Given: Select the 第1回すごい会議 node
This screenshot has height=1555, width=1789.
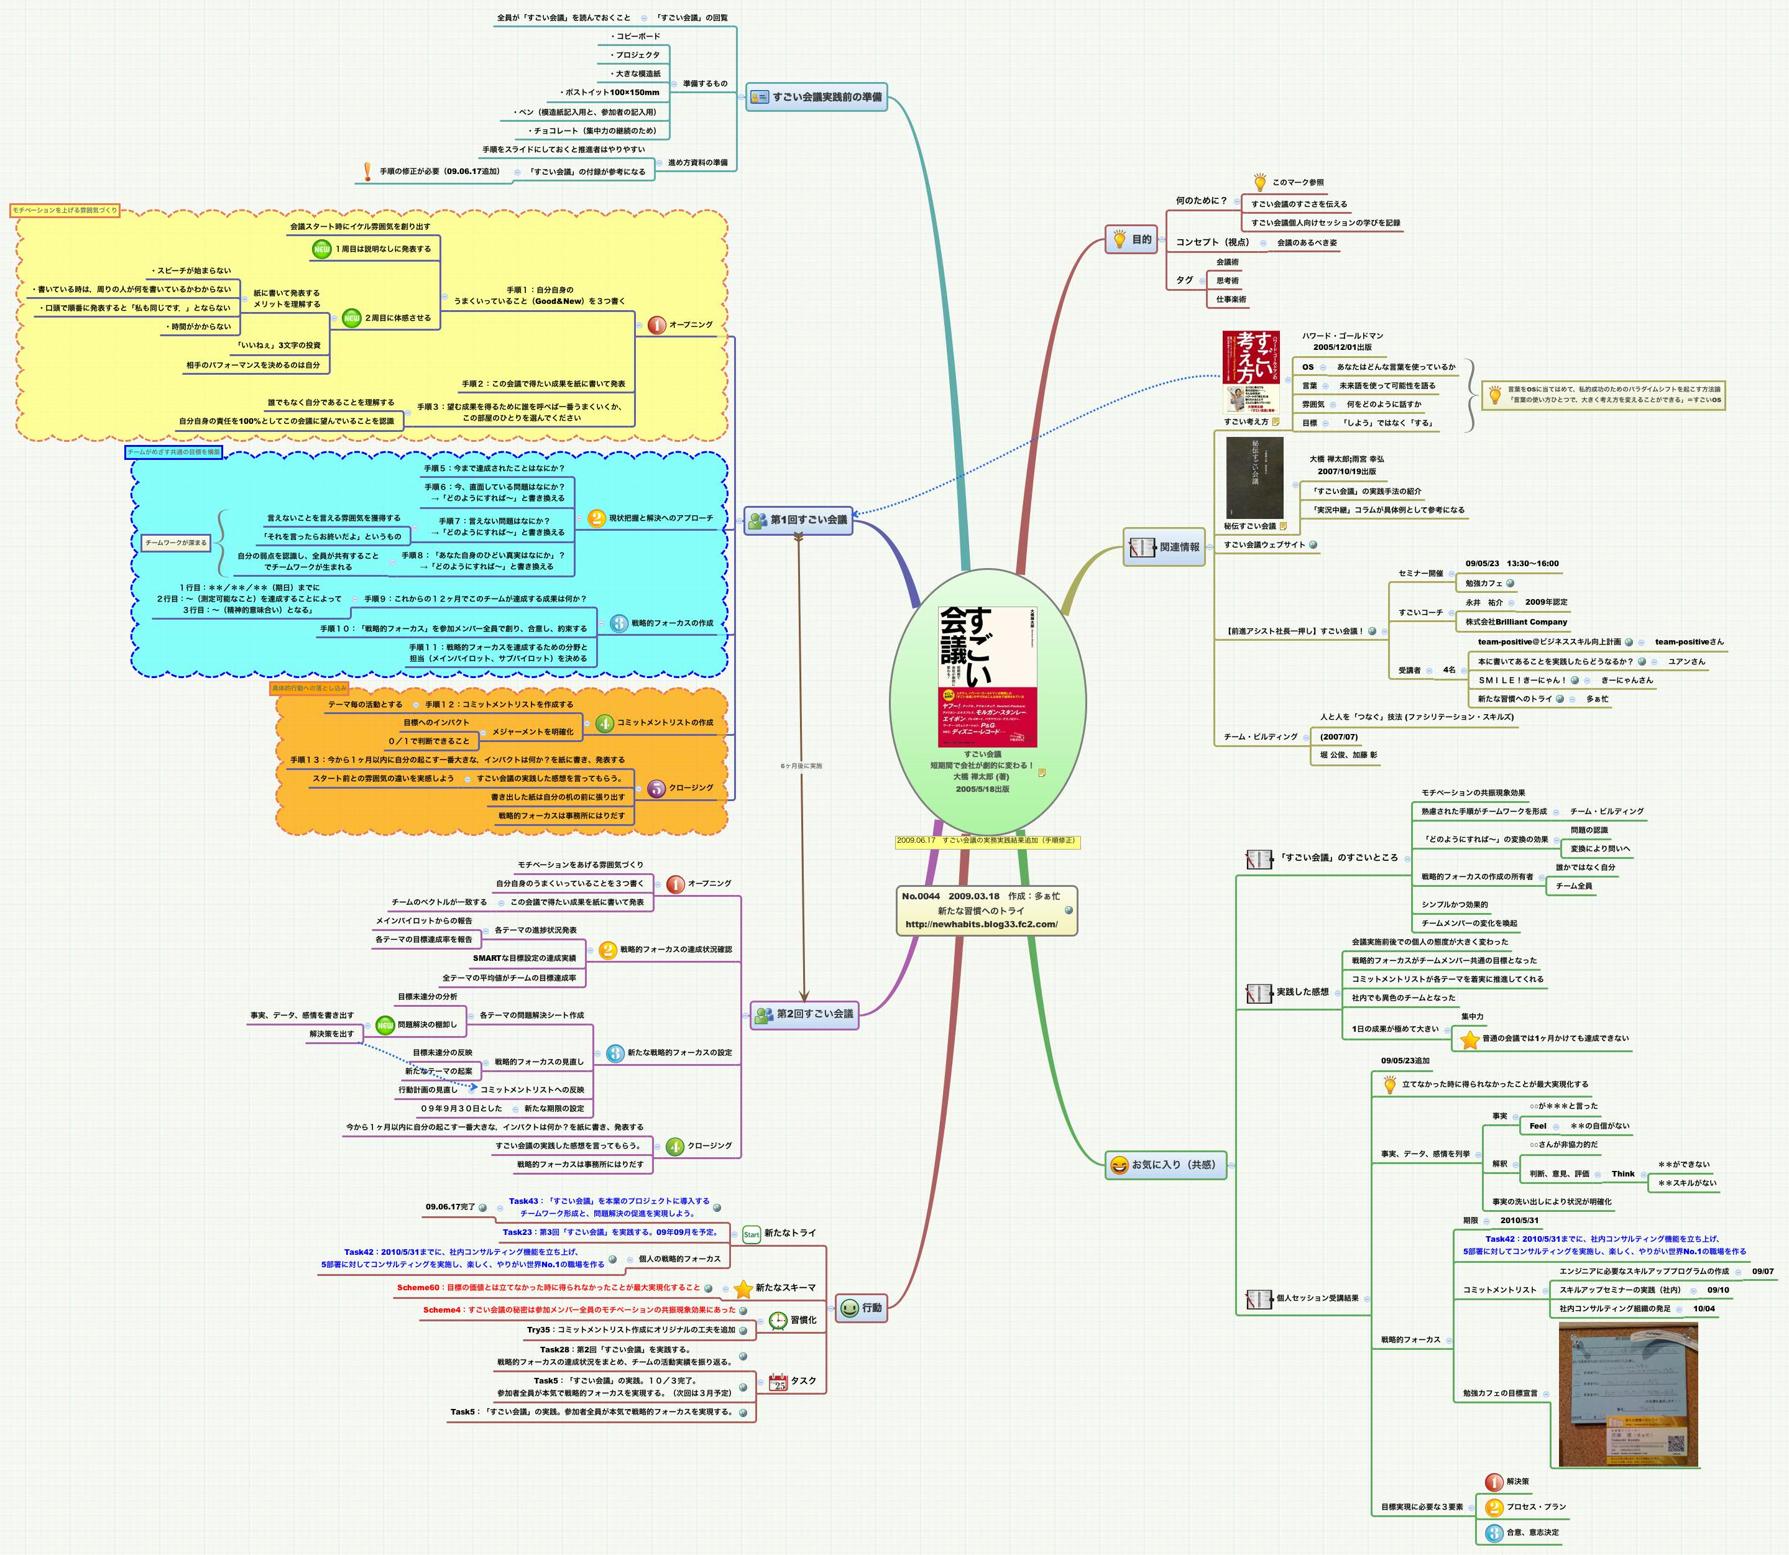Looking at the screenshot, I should (799, 520).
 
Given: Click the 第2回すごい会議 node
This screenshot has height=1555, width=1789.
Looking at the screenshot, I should (804, 1014).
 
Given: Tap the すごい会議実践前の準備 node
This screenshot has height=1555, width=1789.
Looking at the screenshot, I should (817, 97).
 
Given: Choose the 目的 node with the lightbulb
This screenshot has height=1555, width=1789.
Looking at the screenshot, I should (1132, 239).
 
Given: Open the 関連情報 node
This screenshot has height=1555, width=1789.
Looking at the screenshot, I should (1166, 548).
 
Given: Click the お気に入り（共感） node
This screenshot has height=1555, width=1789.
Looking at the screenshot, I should (1166, 1165).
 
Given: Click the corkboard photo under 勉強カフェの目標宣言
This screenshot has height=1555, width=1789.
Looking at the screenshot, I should (1627, 1395).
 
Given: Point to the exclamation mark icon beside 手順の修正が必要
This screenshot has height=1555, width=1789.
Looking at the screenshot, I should (367, 172).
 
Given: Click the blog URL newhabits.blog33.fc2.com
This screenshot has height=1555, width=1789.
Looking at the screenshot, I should (981, 924).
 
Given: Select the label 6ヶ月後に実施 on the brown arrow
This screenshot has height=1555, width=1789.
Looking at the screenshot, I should (800, 766).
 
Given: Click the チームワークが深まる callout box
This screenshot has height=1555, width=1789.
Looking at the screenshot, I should (176, 543).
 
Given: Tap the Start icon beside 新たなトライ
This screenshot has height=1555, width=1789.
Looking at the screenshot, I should (752, 1234).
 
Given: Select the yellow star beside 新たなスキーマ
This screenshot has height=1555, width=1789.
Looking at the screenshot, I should (743, 1288).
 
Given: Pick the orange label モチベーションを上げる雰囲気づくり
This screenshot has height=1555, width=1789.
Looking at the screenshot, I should (65, 211).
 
